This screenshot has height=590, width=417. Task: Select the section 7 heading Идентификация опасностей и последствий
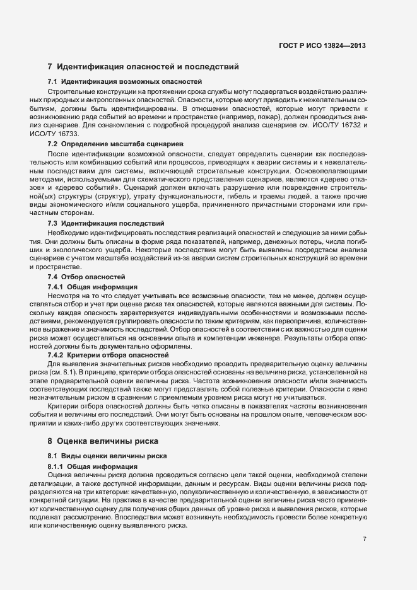(143, 66)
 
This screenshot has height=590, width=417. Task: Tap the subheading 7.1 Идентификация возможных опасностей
(125, 82)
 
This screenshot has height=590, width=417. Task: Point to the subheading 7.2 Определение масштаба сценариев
(115, 144)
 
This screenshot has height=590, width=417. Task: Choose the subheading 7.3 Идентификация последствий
(106, 223)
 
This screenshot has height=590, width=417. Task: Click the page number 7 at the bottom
(365, 539)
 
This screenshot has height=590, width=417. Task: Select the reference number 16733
(68, 135)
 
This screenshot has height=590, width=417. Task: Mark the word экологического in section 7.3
(78, 250)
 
